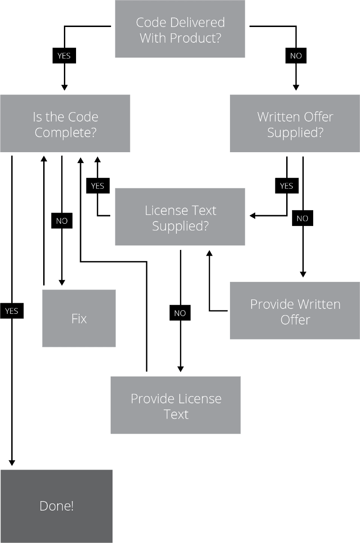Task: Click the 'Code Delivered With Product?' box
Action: (x=180, y=29)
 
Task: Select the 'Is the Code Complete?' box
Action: (x=65, y=124)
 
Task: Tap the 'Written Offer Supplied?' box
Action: (x=295, y=124)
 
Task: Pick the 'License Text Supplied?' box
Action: (x=180, y=217)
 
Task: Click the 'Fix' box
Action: (x=79, y=318)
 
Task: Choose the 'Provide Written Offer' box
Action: (x=295, y=311)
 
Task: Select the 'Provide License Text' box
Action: (x=175, y=406)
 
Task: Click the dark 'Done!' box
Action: (x=56, y=506)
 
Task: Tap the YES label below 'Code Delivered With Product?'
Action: (x=64, y=56)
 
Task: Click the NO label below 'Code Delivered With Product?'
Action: (x=296, y=56)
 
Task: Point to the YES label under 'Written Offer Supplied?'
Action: (x=287, y=186)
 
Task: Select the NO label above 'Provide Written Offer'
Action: (x=302, y=218)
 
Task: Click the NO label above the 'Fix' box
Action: (x=62, y=221)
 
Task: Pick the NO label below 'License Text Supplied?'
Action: (x=180, y=313)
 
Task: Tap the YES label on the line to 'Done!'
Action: (x=12, y=311)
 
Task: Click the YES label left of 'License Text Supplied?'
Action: (x=98, y=186)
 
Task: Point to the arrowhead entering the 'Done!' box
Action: (x=12, y=462)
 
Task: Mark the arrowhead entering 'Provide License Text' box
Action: (x=180, y=369)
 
